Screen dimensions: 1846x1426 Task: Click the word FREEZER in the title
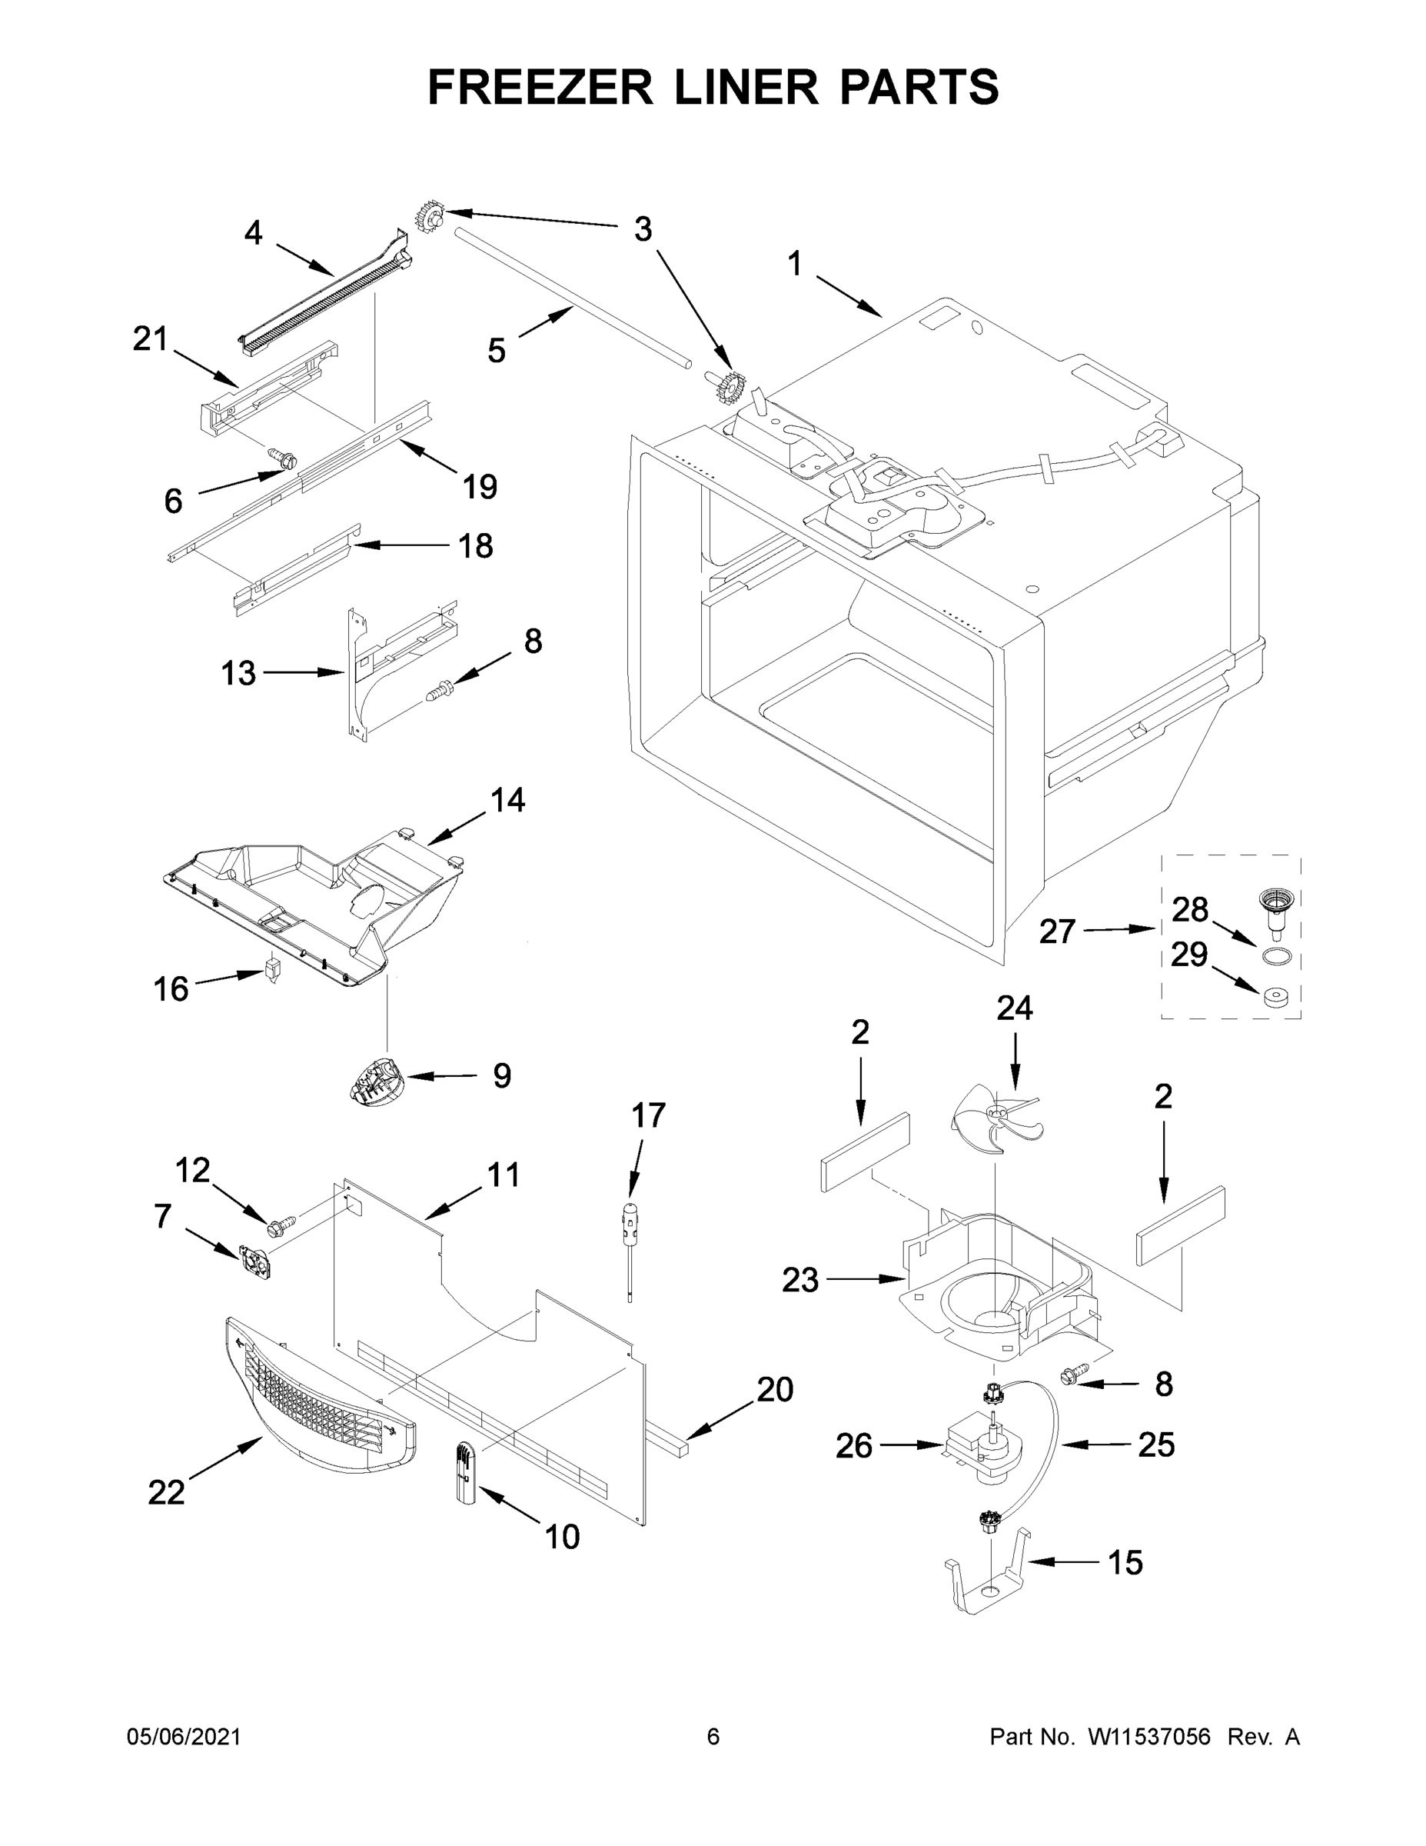(539, 87)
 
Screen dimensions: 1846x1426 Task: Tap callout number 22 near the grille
(165, 1493)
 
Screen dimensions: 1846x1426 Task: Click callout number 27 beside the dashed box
(1057, 931)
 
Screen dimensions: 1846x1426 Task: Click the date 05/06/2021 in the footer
(183, 1737)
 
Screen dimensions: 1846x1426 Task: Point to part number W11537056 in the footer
(1149, 1737)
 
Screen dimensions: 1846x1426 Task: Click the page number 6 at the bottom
(713, 1737)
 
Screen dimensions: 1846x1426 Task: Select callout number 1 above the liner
(794, 265)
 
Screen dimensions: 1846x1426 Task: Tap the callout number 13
(238, 674)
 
